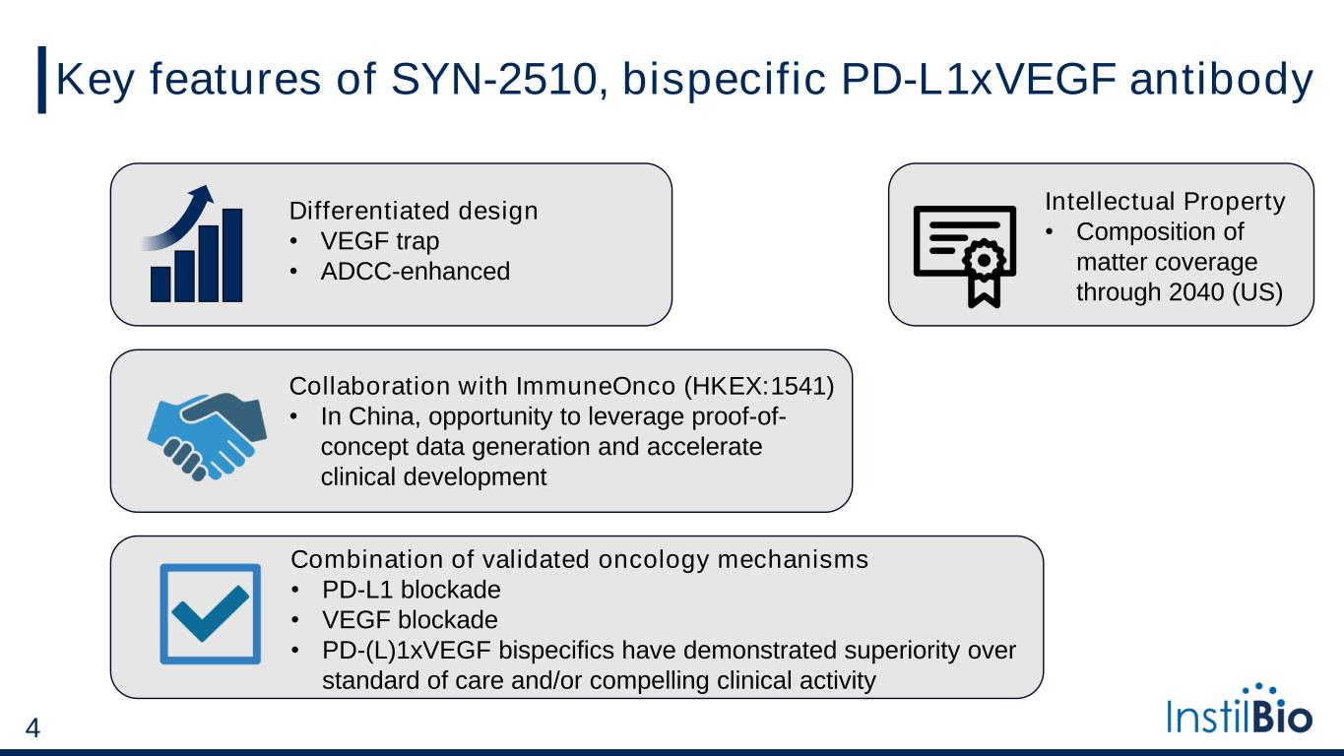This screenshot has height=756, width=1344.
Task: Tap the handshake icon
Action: click(207, 437)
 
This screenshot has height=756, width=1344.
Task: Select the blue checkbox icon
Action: click(210, 614)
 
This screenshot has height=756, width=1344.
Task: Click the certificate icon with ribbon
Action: click(965, 256)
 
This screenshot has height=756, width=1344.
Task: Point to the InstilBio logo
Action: click(1240, 709)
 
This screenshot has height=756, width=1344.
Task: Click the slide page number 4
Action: click(32, 727)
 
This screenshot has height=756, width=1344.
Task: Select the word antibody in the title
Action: click(1222, 80)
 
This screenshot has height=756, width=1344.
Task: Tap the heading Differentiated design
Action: click(414, 211)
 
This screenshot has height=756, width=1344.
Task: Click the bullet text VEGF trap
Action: click(380, 241)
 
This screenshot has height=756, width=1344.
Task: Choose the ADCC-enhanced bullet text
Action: click(416, 272)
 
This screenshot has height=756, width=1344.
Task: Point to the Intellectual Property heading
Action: click(1165, 202)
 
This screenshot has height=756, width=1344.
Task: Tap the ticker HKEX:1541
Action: click(759, 387)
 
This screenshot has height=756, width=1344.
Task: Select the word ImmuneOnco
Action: click(596, 387)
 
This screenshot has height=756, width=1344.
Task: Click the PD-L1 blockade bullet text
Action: click(411, 590)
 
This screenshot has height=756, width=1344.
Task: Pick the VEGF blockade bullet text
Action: click(410, 620)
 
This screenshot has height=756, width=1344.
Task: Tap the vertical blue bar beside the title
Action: click(42, 80)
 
